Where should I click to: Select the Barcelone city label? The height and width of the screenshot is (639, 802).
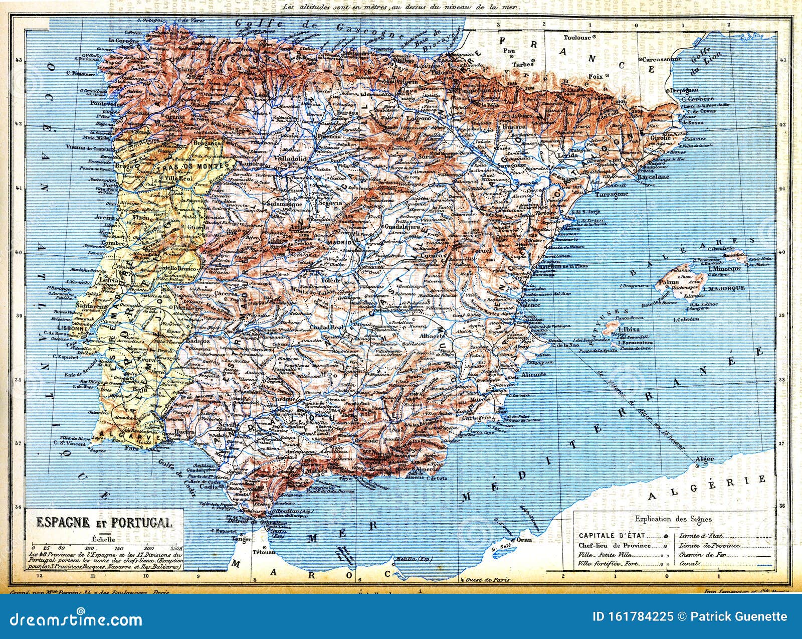(x=653, y=177)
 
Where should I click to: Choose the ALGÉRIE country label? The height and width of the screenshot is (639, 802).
(x=707, y=488)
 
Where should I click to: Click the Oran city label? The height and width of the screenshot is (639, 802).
(x=524, y=540)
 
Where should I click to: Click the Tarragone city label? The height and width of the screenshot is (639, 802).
(x=611, y=194)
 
